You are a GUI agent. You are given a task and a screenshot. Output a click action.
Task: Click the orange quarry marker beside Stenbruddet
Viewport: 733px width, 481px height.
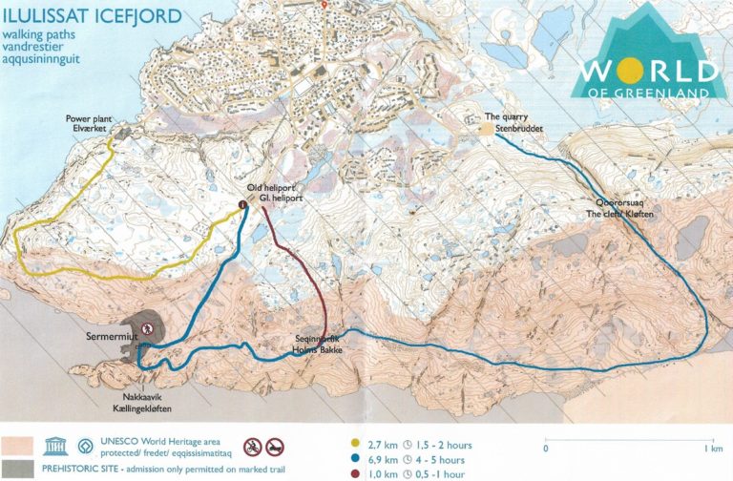tap(487, 128)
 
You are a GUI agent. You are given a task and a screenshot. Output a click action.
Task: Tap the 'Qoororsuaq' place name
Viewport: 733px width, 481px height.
tap(618, 203)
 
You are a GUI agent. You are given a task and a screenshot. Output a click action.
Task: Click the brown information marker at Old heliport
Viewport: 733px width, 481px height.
tap(242, 203)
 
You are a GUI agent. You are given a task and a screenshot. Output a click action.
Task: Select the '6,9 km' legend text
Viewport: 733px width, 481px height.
tap(382, 459)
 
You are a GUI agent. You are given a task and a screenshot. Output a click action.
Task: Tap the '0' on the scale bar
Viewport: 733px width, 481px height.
tap(545, 448)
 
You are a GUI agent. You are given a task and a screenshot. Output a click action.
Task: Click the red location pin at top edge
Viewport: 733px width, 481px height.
tap(325, 5)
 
